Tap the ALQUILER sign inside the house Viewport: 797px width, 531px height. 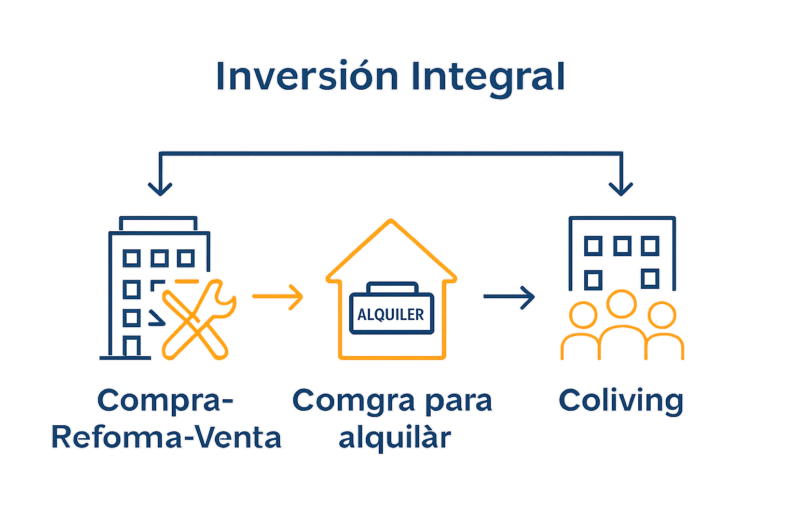click(391, 314)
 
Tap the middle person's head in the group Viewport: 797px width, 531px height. click(621, 304)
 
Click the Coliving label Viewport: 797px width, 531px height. click(621, 401)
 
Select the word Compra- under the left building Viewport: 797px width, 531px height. click(166, 401)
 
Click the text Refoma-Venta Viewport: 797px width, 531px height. click(167, 438)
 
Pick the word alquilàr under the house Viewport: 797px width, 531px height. click(394, 438)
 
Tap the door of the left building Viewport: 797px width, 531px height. click(132, 346)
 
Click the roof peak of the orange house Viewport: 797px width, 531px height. click(391, 223)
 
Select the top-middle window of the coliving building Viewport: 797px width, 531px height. click(622, 246)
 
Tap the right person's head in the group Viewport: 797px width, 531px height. click(662, 315)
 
